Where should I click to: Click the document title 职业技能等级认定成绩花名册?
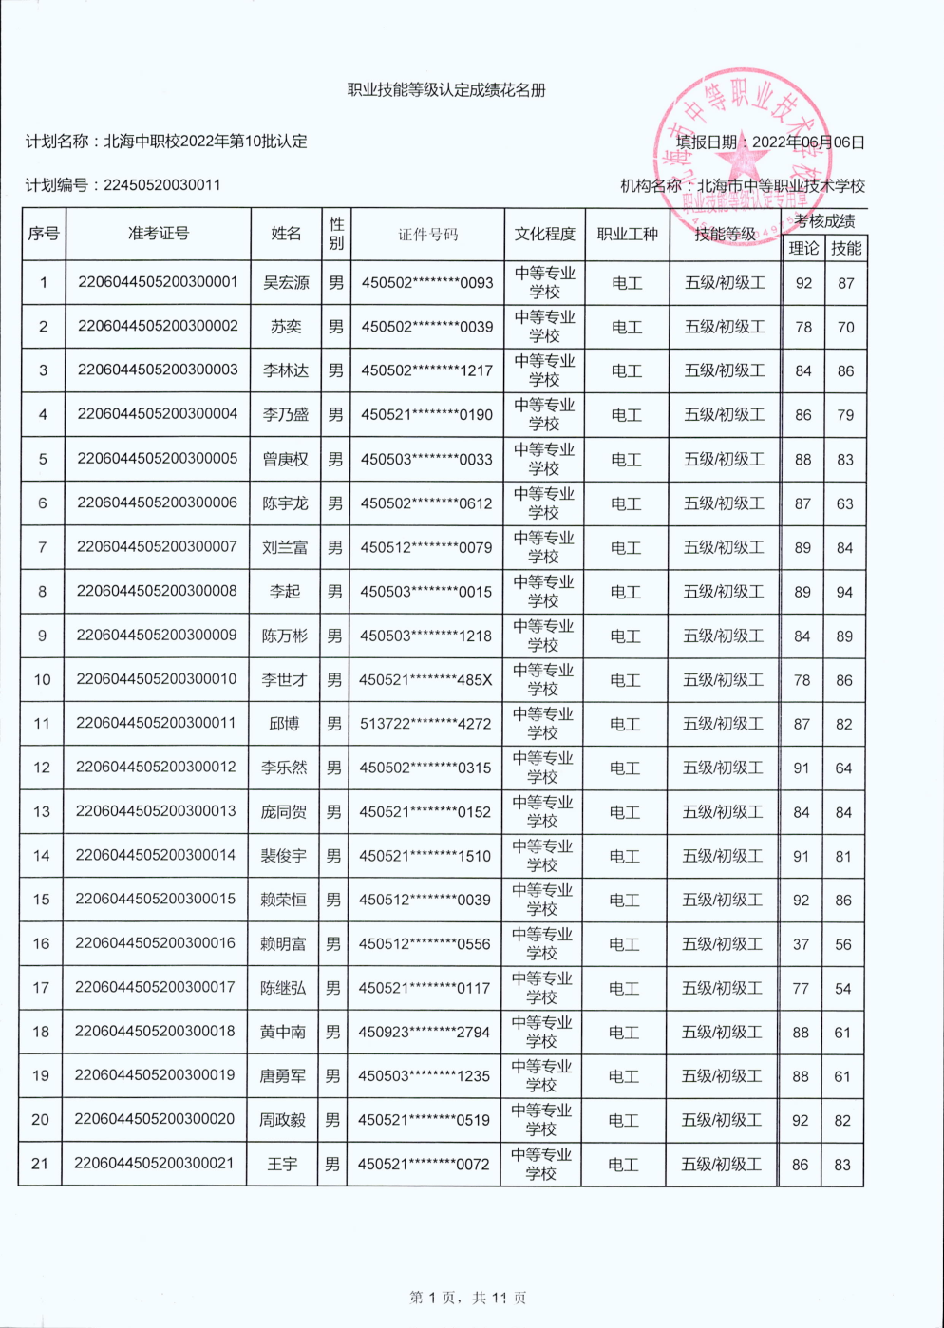tap(446, 90)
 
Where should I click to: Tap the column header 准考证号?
tap(159, 234)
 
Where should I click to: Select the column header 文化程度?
tap(545, 234)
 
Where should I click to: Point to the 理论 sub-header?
tap(803, 248)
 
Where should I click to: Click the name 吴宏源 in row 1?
tap(286, 283)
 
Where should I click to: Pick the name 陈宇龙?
tap(285, 503)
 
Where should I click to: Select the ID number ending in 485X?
tap(425, 680)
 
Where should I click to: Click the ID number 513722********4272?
tap(425, 724)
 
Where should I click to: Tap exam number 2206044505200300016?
tap(155, 943)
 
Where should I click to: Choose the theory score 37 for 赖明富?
tap(801, 944)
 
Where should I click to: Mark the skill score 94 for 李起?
tap(844, 592)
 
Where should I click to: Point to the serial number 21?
tap(40, 1164)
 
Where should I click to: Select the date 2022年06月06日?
tap(808, 142)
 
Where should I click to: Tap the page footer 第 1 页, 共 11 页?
tap(467, 1298)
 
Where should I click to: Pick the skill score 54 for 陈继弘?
tap(842, 989)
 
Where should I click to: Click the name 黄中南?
tap(283, 1033)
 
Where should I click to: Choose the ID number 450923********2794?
tap(424, 1033)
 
